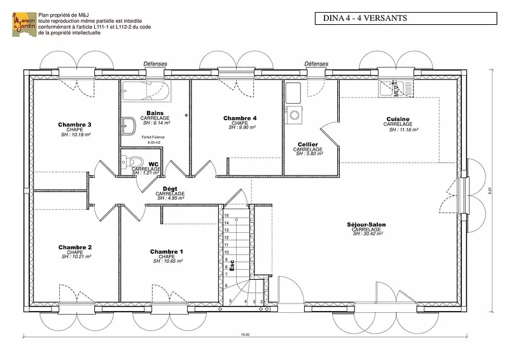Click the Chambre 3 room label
pyautogui.click(x=75, y=125)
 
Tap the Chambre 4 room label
pyautogui.click(x=240, y=118)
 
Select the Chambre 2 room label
pyautogui.click(x=75, y=247)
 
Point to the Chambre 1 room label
pyautogui.click(x=167, y=251)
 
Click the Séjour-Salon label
pyautogui.click(x=366, y=225)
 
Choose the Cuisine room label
pyautogui.click(x=398, y=119)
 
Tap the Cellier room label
pyautogui.click(x=307, y=145)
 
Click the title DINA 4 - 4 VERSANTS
pyautogui.click(x=361, y=18)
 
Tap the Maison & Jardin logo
pyautogui.click(x=22, y=24)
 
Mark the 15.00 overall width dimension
pyautogui.click(x=245, y=335)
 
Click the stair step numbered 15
pyautogui.click(x=227, y=216)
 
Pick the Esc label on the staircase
pyautogui.click(x=232, y=265)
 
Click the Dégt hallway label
pyautogui.click(x=170, y=189)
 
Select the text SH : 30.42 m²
pyautogui.click(x=367, y=234)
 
